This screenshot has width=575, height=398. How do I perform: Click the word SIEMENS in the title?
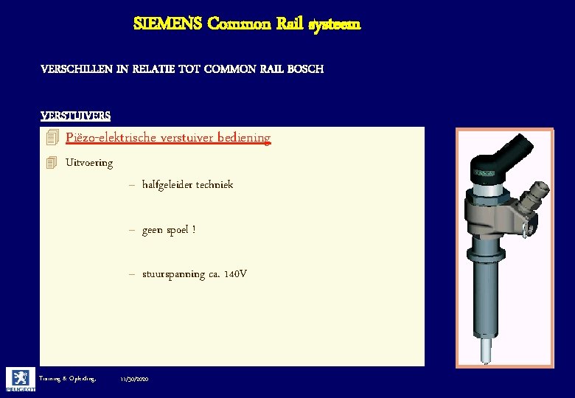coord(167,24)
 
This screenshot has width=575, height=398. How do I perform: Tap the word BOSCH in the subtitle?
coord(303,69)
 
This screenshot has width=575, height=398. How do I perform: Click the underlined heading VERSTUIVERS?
coord(76,115)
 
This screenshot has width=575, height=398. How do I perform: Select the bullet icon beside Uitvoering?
coord(51,163)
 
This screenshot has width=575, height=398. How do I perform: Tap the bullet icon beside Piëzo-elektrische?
coord(51,138)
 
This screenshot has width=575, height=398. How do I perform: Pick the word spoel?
coord(177,231)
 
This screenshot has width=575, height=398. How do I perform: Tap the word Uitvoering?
coord(89,163)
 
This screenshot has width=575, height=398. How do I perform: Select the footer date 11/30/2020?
coord(134,378)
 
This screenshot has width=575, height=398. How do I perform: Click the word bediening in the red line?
coord(245,138)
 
